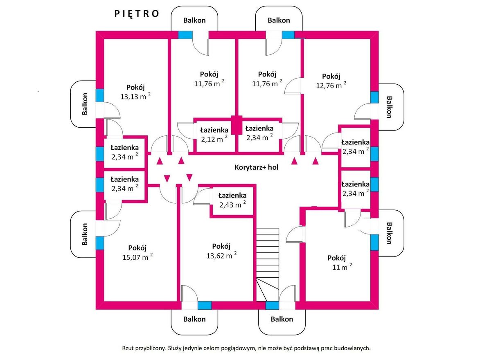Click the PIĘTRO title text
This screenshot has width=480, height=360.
point(137,14)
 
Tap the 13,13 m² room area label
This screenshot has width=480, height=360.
point(135,96)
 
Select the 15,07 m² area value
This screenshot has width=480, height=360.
point(137,257)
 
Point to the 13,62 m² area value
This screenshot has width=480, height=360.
point(221,255)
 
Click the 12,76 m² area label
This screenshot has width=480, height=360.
point(331,85)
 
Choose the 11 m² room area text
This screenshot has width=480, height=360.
point(342,267)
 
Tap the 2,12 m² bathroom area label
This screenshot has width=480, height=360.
point(214,139)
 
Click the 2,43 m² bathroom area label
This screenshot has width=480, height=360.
point(232,205)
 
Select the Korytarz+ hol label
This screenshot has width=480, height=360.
point(257,167)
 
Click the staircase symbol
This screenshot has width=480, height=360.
point(268,265)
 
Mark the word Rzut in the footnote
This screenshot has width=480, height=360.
point(128,348)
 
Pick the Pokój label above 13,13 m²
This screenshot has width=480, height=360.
point(135,87)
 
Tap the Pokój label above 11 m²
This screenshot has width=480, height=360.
point(336,258)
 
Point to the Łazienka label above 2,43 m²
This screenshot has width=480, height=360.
point(232,195)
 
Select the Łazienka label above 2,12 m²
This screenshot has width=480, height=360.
point(214,130)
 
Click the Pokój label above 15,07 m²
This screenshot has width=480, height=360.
point(137,248)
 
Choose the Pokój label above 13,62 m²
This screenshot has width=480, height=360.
point(221,246)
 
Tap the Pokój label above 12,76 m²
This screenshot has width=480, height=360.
point(331,76)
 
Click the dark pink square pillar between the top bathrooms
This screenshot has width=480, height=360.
point(237,125)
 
